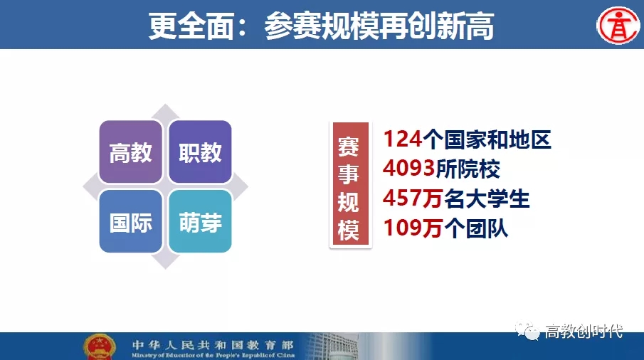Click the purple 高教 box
click(131, 152)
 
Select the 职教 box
click(200, 152)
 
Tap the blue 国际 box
click(131, 221)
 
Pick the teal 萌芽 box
click(200, 221)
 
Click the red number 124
click(403, 139)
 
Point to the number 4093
click(408, 169)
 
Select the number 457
click(402, 198)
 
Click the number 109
click(403, 228)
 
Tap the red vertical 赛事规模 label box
click(350, 185)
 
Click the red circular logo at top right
click(618, 25)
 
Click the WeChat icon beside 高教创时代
click(528, 331)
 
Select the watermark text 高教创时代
click(584, 331)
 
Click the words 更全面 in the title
click(191, 26)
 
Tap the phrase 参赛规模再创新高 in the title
click(379, 26)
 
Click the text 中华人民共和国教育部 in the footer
click(213, 345)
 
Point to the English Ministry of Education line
click(213, 355)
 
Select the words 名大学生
click(487, 198)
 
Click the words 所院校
click(468, 169)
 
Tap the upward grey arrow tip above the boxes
click(165, 105)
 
